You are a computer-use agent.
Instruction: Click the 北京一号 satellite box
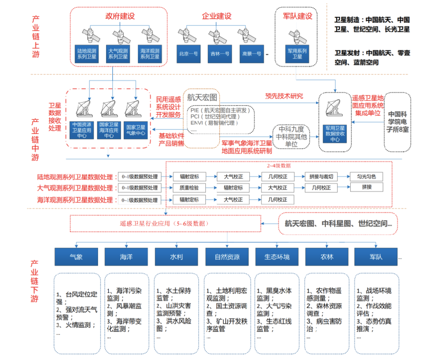[x=188, y=54]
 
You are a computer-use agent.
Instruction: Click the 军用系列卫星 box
[x=297, y=54]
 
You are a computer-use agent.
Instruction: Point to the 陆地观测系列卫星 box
[x=86, y=54]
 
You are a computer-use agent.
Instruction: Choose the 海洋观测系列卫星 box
[x=150, y=54]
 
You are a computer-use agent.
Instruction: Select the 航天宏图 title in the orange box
[x=203, y=98]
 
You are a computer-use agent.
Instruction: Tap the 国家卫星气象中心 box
[x=136, y=130]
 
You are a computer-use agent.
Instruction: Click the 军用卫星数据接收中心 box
[x=335, y=133]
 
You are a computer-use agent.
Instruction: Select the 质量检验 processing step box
[x=189, y=188]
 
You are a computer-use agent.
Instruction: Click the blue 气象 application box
[x=76, y=257]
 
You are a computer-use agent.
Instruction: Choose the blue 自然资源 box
[x=227, y=257]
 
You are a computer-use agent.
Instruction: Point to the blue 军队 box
[x=376, y=257]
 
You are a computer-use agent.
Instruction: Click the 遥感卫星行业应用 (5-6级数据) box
[x=165, y=224]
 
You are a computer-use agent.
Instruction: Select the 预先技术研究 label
[x=284, y=96]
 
